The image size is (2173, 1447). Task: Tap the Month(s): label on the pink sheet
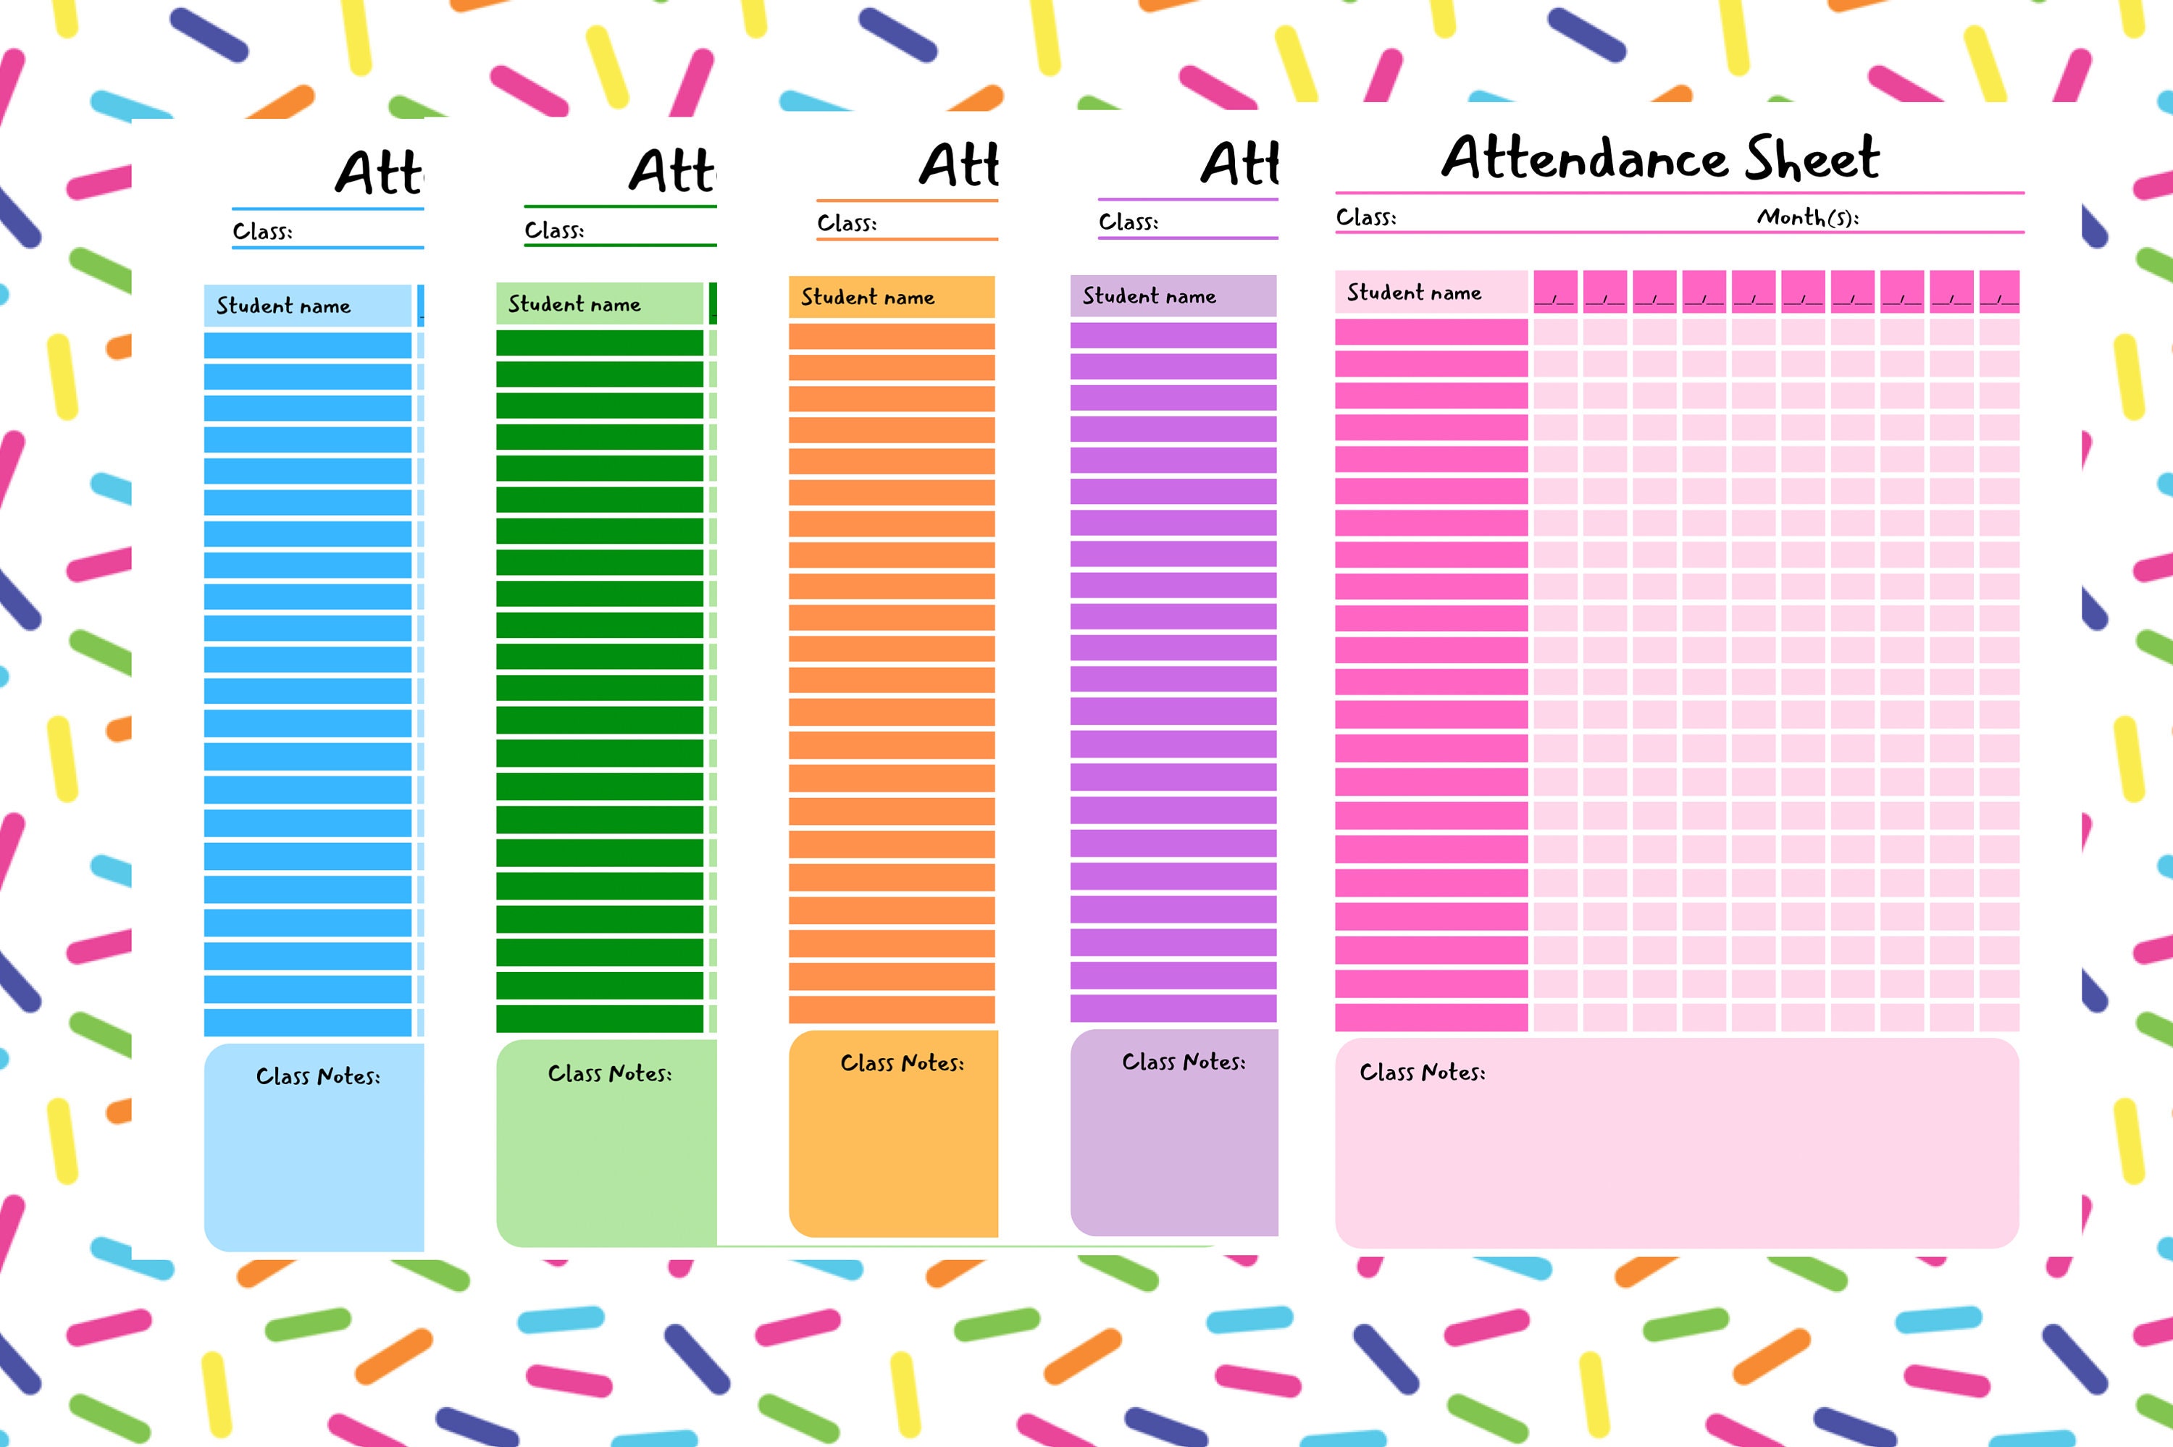click(x=1806, y=218)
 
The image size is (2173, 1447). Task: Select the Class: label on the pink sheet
click(x=1365, y=218)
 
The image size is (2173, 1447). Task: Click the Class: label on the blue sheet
click(x=262, y=232)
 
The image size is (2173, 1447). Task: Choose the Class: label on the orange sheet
click(x=846, y=223)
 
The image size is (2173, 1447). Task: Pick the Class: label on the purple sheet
click(x=1128, y=222)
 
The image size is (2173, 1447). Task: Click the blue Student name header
click(x=283, y=306)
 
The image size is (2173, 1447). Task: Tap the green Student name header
click(x=574, y=304)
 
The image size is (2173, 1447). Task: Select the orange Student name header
click(x=867, y=297)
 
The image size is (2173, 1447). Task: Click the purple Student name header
click(x=1149, y=296)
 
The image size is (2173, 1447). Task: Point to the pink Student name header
click(x=1414, y=293)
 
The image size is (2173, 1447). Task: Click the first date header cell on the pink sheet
click(x=1554, y=292)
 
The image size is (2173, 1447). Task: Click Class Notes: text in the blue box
click(x=317, y=1076)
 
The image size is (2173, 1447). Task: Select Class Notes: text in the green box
click(x=609, y=1073)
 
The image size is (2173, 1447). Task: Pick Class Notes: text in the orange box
click(x=902, y=1063)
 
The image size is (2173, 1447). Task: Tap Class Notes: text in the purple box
click(x=1183, y=1062)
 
